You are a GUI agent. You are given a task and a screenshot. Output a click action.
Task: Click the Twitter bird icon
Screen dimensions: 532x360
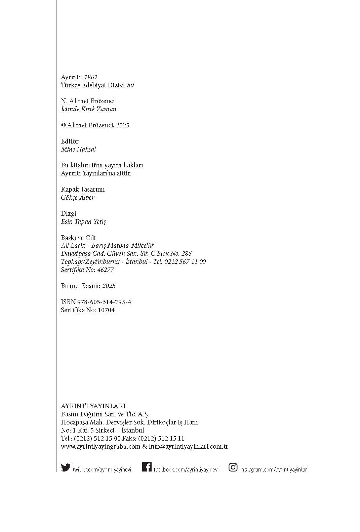[x=66, y=467]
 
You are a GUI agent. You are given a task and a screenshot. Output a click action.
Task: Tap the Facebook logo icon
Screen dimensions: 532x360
[x=147, y=467]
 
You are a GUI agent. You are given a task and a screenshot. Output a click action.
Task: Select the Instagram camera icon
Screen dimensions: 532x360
[x=233, y=467]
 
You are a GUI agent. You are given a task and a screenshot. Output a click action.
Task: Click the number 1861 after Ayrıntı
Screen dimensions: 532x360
[x=91, y=77]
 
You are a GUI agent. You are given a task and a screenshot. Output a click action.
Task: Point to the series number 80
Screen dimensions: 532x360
[x=130, y=85]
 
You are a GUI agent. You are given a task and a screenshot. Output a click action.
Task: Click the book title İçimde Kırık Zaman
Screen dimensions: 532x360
[x=89, y=109]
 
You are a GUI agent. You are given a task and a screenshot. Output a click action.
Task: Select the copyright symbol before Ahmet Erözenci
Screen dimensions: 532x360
[x=63, y=125]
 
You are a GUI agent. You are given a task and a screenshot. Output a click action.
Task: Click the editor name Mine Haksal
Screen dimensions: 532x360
[x=78, y=150]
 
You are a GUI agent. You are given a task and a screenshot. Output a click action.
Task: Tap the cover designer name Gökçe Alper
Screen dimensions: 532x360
[x=78, y=198]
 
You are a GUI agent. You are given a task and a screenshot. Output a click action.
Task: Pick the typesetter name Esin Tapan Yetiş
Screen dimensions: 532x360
[x=83, y=222]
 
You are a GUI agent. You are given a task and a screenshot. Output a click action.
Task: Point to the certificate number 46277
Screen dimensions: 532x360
[x=106, y=270]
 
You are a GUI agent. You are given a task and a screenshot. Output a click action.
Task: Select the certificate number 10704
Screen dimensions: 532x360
[x=106, y=310]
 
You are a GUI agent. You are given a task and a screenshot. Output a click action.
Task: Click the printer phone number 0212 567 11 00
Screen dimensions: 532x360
[x=185, y=262]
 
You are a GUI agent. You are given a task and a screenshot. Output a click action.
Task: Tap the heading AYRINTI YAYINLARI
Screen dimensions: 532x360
[x=93, y=406]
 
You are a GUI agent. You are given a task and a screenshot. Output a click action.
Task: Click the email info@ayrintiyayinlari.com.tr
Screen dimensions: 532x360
[x=189, y=447]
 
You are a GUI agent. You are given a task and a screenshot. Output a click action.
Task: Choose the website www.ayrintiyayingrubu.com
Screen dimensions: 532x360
[x=101, y=447]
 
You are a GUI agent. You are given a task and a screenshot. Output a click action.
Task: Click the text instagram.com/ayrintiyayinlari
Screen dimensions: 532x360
[x=274, y=470]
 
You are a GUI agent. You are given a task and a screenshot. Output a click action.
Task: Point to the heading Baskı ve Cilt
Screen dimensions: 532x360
[x=78, y=238]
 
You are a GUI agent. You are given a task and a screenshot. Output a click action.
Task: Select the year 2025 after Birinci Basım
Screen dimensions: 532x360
[x=109, y=286]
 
